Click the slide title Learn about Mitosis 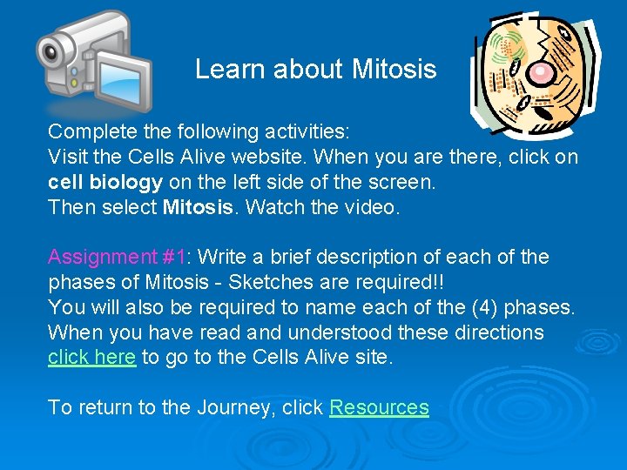(x=315, y=70)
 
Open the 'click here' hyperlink (x=91, y=357)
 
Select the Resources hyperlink (x=379, y=407)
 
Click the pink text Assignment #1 (x=117, y=257)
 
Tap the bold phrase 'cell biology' (x=104, y=182)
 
